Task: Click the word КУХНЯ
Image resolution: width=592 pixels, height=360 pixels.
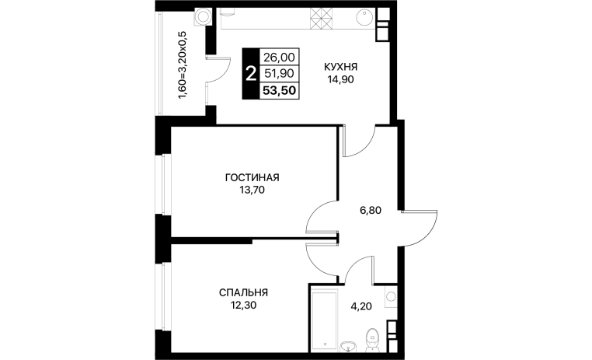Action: tap(340, 67)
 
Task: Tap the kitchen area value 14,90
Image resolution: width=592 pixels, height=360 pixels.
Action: tap(340, 80)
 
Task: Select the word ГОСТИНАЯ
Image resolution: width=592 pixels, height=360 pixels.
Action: tap(252, 177)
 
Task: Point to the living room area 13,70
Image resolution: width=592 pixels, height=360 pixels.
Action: tap(252, 190)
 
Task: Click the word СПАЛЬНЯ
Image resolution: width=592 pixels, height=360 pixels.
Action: tap(243, 293)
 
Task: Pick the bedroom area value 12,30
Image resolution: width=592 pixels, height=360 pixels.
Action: tap(243, 306)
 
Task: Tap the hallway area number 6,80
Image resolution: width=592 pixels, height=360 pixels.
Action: tap(371, 211)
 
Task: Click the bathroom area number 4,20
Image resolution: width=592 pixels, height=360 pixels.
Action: tap(361, 306)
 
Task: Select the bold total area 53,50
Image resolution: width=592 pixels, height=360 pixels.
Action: tap(280, 91)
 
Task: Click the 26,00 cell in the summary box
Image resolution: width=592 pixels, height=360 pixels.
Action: tap(279, 58)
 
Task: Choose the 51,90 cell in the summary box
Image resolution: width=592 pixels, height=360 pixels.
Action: tap(279, 73)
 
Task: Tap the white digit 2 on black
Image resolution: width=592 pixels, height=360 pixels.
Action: tap(250, 74)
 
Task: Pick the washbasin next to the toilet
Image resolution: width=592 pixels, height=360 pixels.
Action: tap(348, 345)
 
